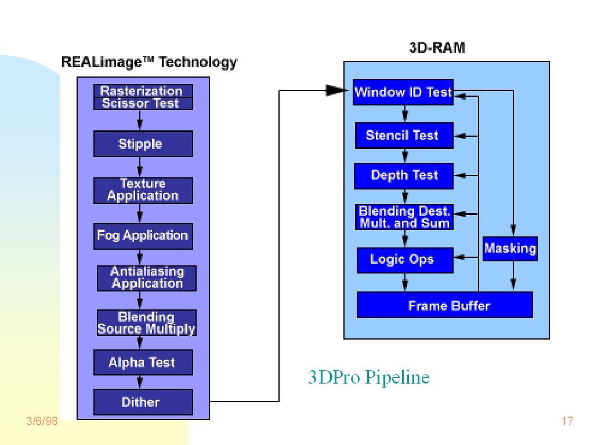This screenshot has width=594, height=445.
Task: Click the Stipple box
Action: tap(143, 144)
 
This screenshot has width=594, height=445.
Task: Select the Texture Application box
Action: tap(143, 190)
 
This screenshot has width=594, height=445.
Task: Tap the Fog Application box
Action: tap(143, 236)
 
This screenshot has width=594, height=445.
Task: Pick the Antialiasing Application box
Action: tap(146, 278)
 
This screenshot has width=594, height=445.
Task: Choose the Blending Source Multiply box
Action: tap(146, 323)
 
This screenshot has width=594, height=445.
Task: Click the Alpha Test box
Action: tap(143, 363)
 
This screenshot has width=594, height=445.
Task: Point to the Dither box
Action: tap(143, 402)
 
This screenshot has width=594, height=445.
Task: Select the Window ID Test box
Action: tap(403, 92)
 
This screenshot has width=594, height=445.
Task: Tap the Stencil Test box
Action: tap(404, 136)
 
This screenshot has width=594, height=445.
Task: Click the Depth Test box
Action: tap(404, 176)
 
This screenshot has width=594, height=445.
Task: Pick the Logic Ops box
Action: tap(404, 260)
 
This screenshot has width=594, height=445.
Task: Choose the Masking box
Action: tap(510, 249)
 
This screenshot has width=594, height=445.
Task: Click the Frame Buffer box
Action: tap(444, 305)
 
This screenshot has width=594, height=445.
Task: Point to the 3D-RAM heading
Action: tap(437, 48)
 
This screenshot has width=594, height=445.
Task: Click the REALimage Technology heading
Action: tap(149, 63)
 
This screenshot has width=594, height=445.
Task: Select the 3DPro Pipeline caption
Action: tap(368, 378)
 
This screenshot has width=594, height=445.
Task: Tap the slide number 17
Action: tap(567, 421)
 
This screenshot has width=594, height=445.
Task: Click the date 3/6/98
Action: tap(42, 421)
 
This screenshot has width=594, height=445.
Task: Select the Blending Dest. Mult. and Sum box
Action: tap(404, 217)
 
